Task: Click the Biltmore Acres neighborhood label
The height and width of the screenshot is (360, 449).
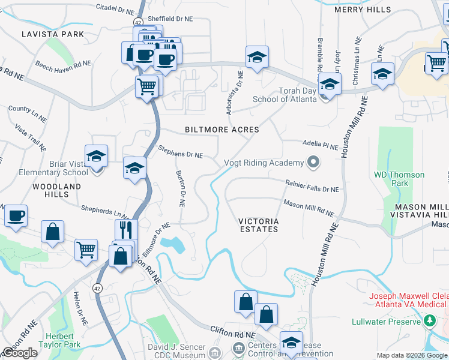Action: (222, 130)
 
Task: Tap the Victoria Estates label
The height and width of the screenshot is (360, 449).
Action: (258, 224)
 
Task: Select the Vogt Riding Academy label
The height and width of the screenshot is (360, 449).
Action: (264, 163)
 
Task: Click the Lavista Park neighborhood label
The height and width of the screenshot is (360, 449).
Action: (53, 34)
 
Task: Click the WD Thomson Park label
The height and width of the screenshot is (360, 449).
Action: (399, 179)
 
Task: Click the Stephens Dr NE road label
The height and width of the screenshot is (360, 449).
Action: (180, 151)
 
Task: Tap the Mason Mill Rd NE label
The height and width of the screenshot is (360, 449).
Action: (309, 208)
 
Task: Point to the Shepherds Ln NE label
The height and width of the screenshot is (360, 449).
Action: (106, 211)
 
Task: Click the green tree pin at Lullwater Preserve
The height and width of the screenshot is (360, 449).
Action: (429, 322)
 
